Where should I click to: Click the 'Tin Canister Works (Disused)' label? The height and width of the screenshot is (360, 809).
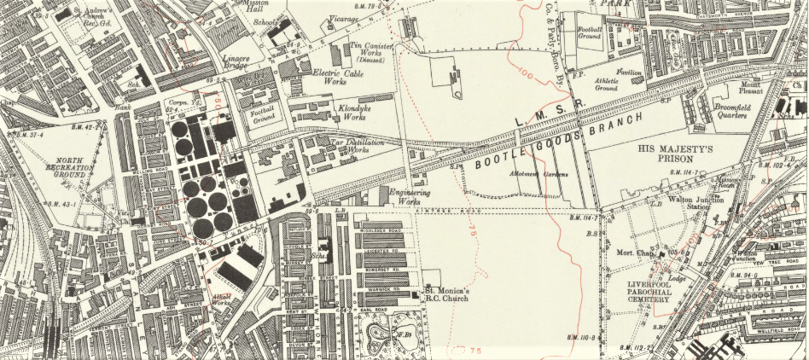tap(366, 51)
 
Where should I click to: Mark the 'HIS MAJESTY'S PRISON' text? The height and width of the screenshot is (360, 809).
tap(679, 155)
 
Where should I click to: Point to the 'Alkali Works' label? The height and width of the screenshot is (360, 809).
tap(221, 299)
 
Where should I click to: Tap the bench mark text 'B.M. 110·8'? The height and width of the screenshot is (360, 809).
tap(582, 335)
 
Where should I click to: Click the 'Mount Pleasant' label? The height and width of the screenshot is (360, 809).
tap(750, 88)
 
